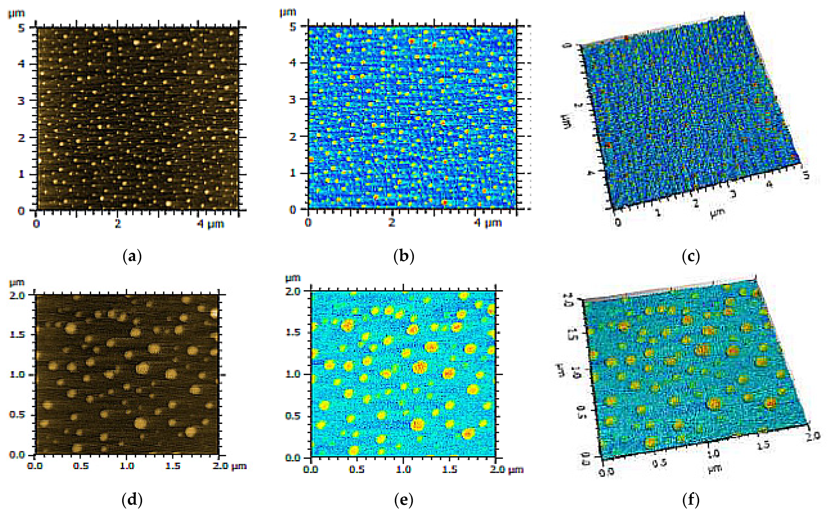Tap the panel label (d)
pyautogui.click(x=132, y=500)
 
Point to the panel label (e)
pyautogui.click(x=404, y=500)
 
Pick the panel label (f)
pyautogui.click(x=691, y=500)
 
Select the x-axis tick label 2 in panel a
pyautogui.click(x=118, y=224)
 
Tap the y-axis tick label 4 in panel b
pyautogui.click(x=293, y=63)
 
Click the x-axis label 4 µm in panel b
pyautogui.click(x=488, y=223)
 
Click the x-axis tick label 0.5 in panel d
pyautogui.click(x=81, y=466)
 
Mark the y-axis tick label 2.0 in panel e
pyautogui.click(x=293, y=291)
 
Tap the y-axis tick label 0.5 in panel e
pyautogui.click(x=293, y=416)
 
